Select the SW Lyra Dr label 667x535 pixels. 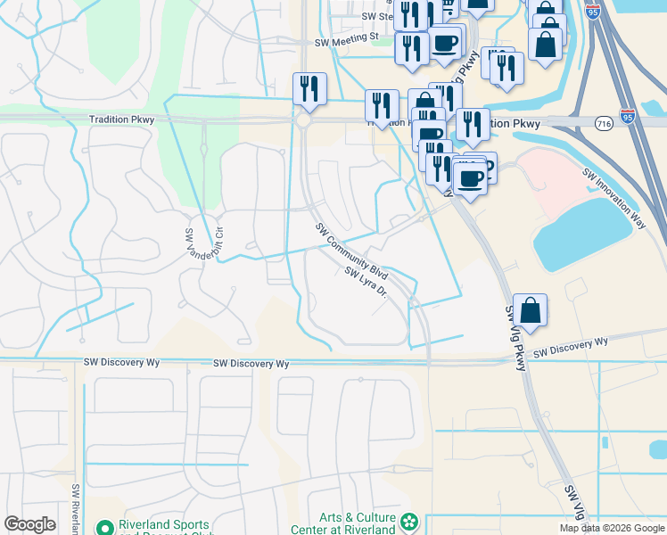point(366,283)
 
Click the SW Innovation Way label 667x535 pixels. point(613,199)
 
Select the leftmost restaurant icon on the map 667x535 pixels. point(309,89)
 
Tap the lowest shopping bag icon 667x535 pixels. point(530,312)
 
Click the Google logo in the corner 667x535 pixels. point(29,523)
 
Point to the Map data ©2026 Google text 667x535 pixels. point(612,528)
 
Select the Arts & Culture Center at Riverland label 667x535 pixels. point(357,523)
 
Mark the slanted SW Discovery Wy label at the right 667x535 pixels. point(571,349)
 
